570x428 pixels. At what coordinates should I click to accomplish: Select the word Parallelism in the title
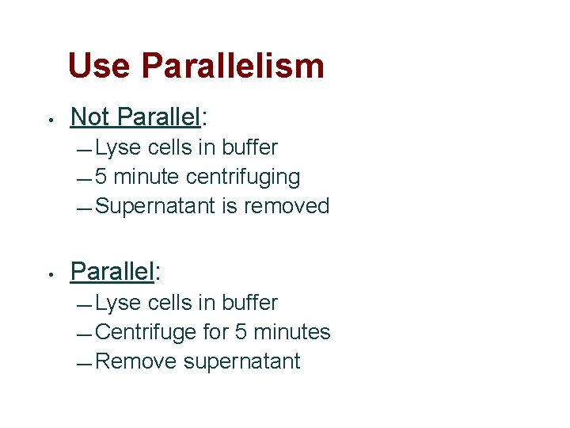(233, 66)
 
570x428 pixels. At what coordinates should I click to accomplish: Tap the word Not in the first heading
(89, 117)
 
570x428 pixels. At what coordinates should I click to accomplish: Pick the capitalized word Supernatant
(155, 206)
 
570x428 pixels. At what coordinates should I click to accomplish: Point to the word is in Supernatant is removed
(230, 206)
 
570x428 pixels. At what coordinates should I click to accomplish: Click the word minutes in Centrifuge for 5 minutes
(291, 332)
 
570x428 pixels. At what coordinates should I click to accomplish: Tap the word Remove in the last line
(135, 361)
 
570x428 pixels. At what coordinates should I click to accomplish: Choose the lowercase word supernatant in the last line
(241, 362)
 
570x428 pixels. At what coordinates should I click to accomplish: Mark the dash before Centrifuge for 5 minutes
(85, 334)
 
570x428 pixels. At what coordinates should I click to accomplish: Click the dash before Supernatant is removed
(85, 208)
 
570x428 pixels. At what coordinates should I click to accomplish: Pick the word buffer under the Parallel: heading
(249, 303)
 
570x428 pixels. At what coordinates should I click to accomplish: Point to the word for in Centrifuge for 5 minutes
(216, 332)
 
